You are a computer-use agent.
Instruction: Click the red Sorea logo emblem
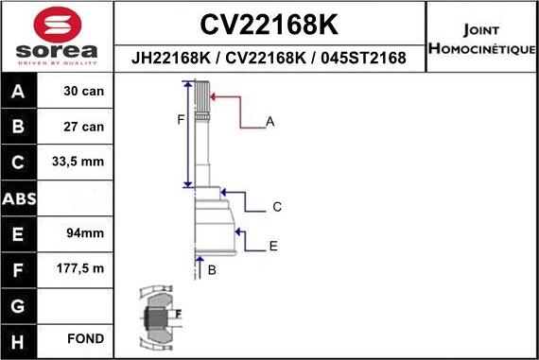(58, 25)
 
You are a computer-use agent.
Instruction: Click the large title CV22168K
(269, 25)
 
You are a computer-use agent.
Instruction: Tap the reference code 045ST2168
(363, 58)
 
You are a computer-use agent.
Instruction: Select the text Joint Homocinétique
(481, 39)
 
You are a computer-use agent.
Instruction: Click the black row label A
(18, 91)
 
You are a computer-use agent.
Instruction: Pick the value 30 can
(83, 91)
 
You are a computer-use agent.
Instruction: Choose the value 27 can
(83, 127)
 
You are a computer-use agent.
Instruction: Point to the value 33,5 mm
(78, 162)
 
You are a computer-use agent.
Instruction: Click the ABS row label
(19, 198)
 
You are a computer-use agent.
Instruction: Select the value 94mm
(85, 232)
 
